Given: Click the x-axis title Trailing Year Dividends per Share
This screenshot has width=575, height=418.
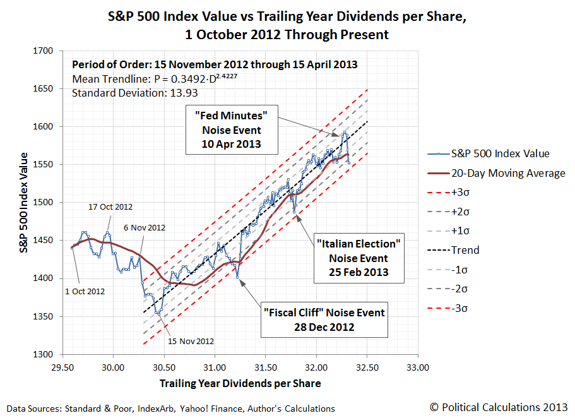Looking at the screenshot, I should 240,383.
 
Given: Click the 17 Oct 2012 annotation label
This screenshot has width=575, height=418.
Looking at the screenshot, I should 110,206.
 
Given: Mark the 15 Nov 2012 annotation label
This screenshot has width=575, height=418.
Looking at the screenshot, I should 191,341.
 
